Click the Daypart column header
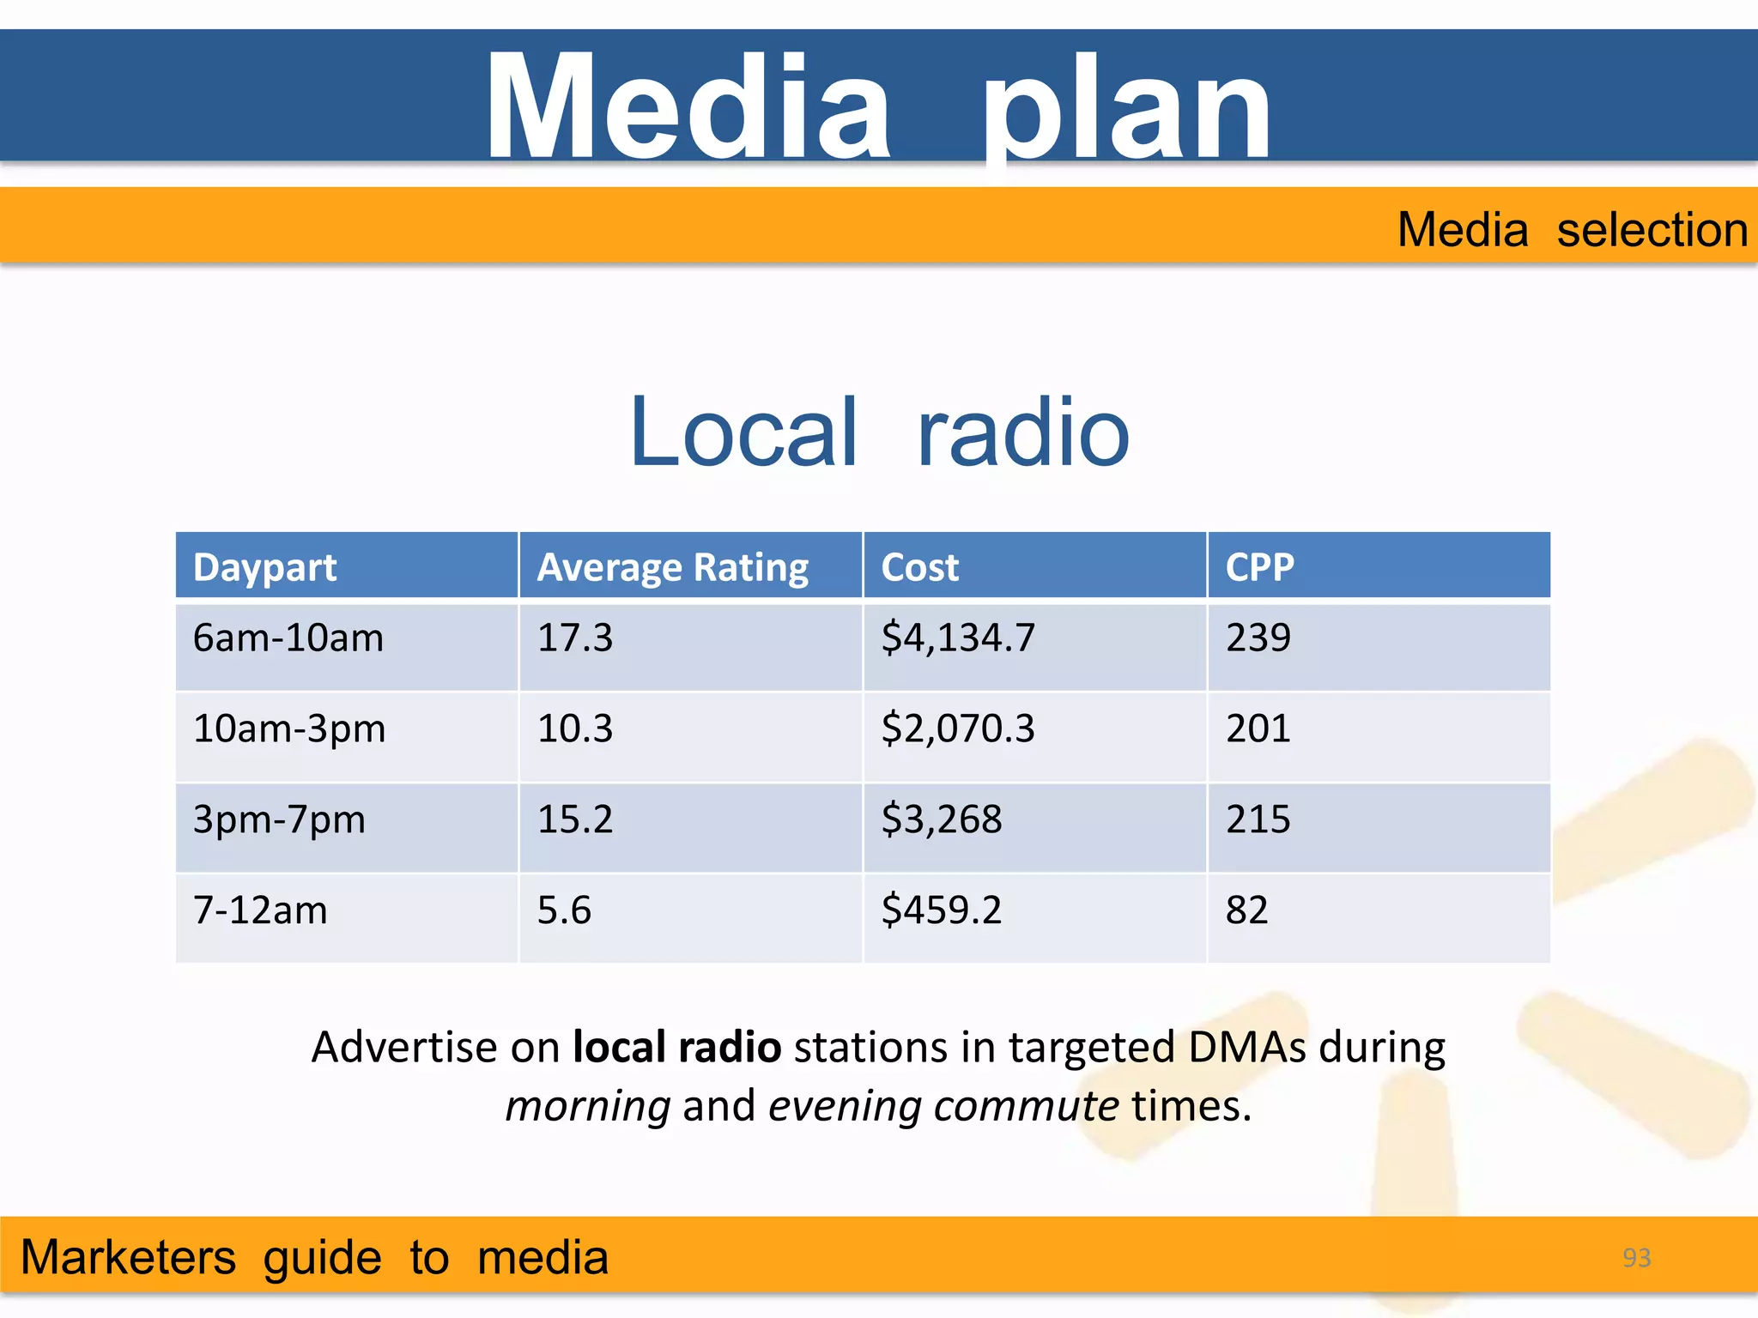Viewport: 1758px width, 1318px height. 264,567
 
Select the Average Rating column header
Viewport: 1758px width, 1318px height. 672,567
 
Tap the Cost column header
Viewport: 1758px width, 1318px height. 919,567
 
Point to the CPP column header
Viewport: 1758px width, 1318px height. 1259,567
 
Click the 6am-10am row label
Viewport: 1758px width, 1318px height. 288,638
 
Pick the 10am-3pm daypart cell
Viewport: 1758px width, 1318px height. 289,729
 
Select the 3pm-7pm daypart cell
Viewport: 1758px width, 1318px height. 279,820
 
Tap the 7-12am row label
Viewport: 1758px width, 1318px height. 260,910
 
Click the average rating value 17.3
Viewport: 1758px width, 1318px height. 575,638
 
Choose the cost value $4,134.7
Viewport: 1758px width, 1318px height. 958,638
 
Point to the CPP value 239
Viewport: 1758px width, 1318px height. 1258,638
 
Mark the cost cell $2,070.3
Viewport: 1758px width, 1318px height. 958,729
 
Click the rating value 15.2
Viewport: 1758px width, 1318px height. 575,820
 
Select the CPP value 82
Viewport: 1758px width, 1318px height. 1246,910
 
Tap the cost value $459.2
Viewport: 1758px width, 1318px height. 942,910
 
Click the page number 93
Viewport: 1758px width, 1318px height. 1636,1258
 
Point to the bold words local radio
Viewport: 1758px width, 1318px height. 676,1048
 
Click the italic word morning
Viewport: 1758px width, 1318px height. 588,1106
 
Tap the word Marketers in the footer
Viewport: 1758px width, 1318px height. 128,1258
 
